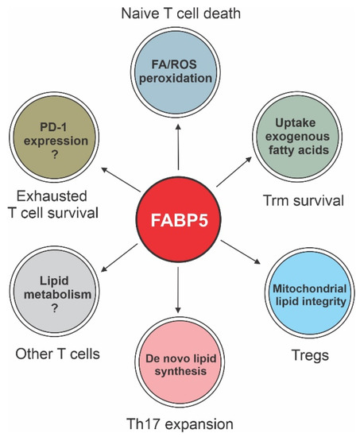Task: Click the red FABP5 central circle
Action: [179, 217]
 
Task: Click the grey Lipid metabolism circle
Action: [53, 289]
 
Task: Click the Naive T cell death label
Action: [180, 14]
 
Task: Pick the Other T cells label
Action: [55, 352]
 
